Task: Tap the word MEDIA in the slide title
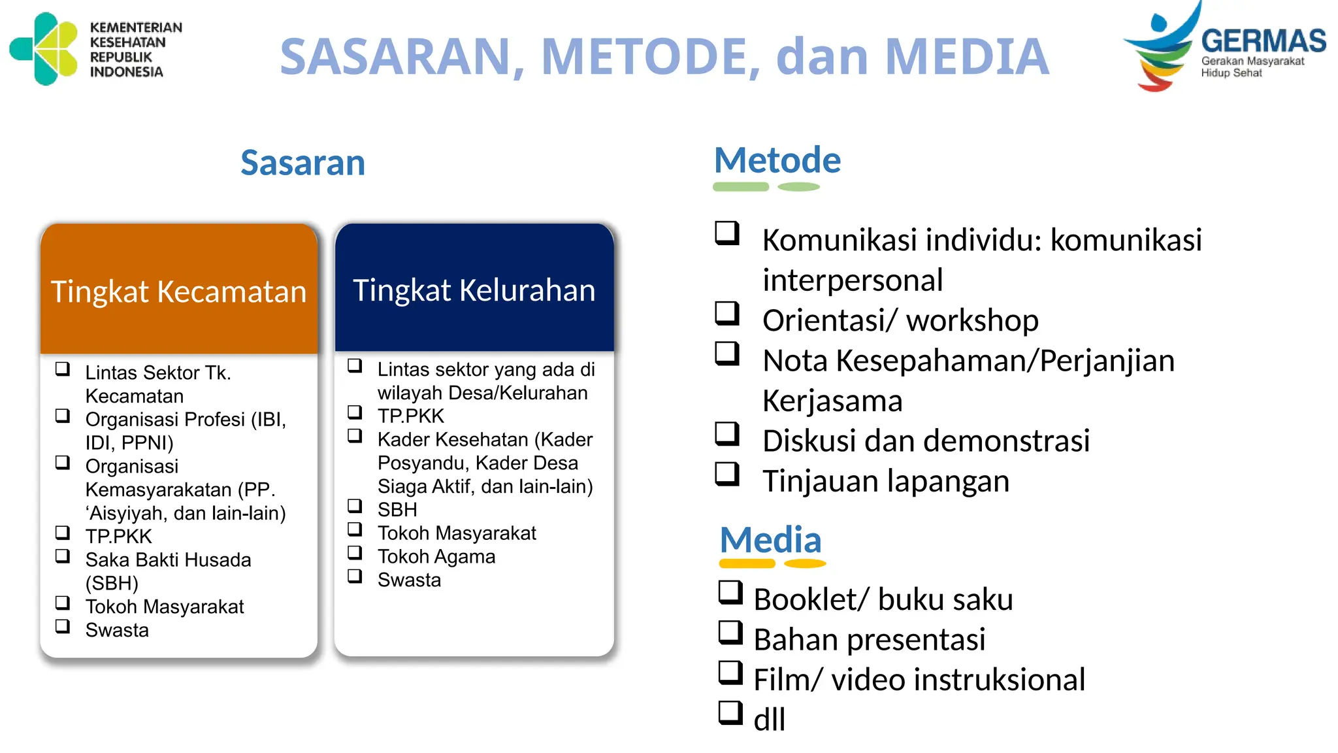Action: (967, 57)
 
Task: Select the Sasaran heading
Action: (302, 163)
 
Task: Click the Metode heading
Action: (777, 161)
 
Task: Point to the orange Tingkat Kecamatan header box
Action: (178, 291)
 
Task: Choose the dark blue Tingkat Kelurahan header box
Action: (474, 290)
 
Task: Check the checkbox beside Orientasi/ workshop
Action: (726, 313)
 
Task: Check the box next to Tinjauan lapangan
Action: (726, 474)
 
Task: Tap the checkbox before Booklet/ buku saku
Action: (730, 592)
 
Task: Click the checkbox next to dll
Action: (730, 712)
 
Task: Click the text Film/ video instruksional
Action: (919, 680)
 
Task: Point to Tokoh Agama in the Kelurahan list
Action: (436, 557)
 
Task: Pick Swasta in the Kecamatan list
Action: (117, 631)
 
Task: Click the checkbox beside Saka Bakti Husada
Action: (63, 556)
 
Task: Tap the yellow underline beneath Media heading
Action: (772, 563)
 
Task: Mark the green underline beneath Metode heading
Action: (766, 187)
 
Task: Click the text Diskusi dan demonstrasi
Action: (926, 441)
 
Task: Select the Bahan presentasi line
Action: (869, 640)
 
